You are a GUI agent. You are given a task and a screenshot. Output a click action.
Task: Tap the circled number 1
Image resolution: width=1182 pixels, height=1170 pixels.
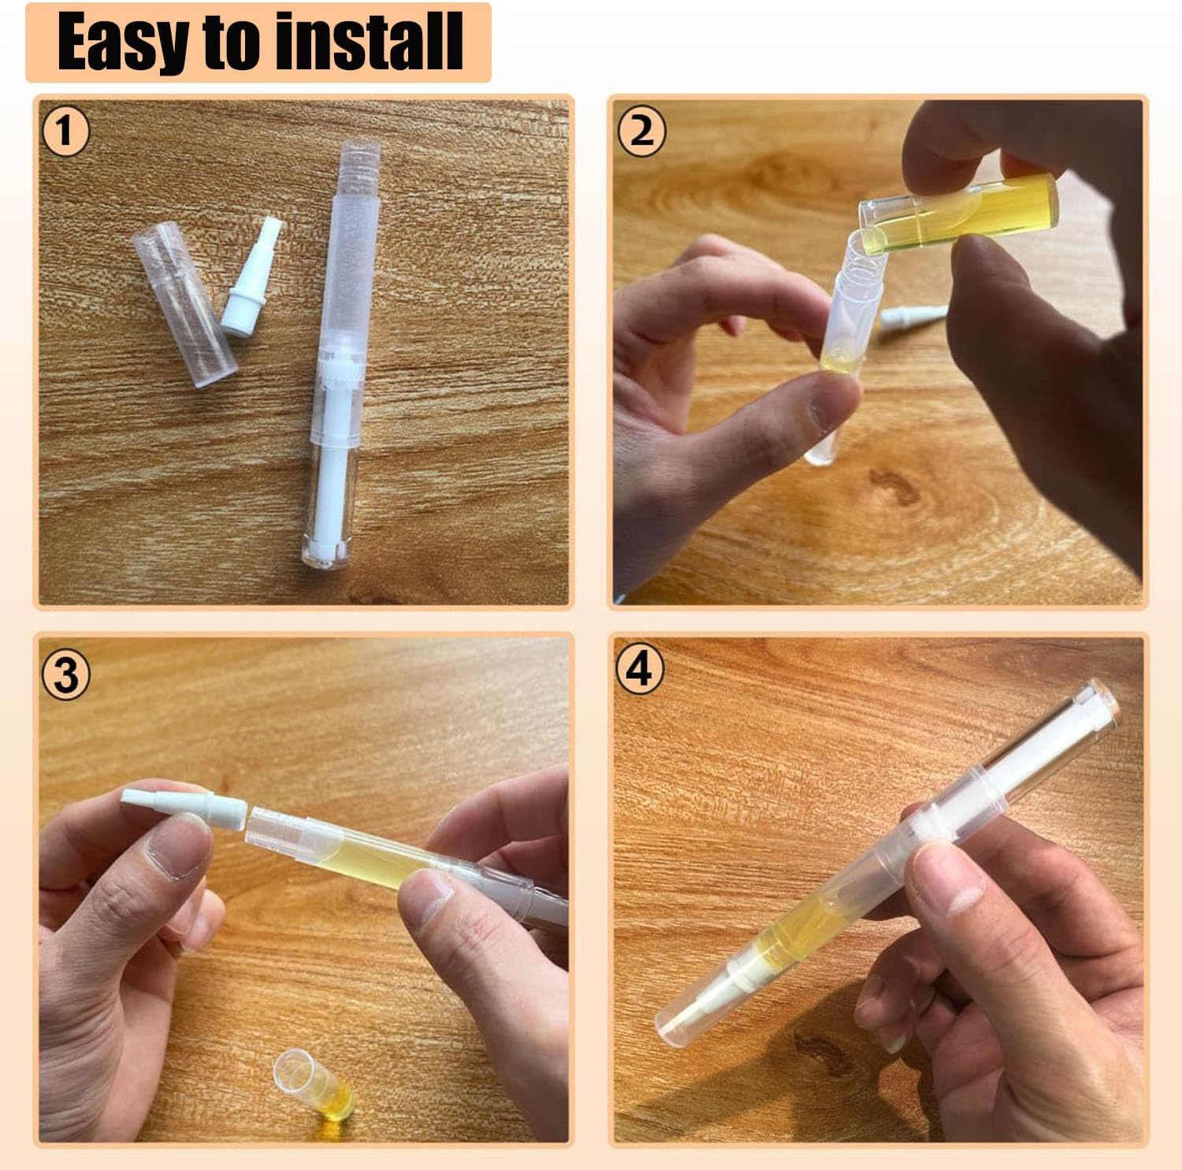click(65, 131)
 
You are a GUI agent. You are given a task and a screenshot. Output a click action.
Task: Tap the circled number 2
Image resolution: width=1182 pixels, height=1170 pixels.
click(641, 131)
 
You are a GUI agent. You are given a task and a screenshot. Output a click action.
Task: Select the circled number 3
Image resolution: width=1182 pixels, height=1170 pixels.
click(66, 675)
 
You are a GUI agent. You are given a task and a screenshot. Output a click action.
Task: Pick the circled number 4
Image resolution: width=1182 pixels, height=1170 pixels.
click(640, 670)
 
